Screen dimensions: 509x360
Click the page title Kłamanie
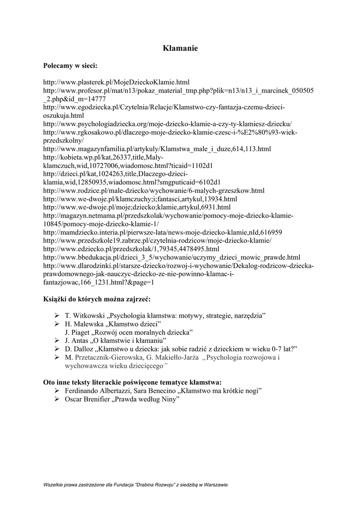180,48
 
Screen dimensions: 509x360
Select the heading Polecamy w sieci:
71,66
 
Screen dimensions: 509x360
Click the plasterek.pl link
116,81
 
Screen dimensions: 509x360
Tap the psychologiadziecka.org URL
168,124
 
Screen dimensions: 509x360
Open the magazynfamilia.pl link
157,149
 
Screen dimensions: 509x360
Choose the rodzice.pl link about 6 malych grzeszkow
154,190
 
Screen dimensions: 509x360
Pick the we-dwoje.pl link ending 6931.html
137,207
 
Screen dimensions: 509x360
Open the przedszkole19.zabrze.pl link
157,241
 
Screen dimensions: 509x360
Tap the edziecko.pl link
131,249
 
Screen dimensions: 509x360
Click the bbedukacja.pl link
172,257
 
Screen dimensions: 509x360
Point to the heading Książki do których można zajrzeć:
96,299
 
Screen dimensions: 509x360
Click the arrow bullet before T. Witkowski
57,316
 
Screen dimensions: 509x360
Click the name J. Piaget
77,332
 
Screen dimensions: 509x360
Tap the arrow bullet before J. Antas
57,340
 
